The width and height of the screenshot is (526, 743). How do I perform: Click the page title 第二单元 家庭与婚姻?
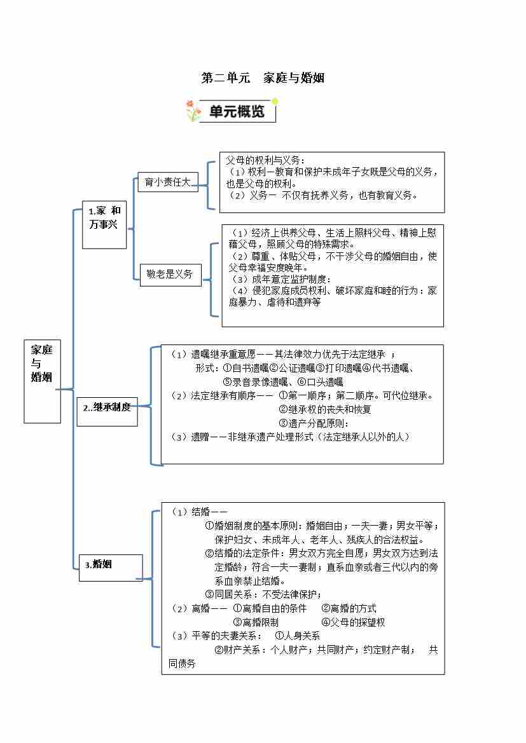coord(263,78)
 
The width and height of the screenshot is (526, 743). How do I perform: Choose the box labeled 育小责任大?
coord(168,182)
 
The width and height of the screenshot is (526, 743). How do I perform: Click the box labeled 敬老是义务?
coord(170,275)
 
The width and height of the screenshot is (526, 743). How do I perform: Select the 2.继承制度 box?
coord(107,407)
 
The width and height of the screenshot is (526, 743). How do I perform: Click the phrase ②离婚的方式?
coord(349,608)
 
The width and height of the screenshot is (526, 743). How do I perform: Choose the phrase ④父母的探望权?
coord(353,622)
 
